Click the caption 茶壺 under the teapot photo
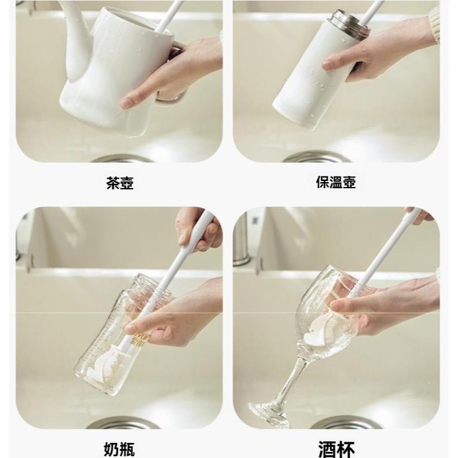click(x=120, y=183)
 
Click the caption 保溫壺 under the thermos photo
click(x=336, y=183)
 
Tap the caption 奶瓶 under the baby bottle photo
click(x=119, y=449)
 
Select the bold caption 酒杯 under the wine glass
click(x=336, y=449)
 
